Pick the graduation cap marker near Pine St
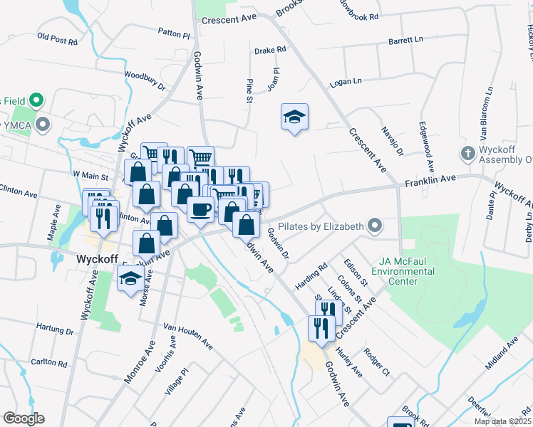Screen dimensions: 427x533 [x=294, y=117]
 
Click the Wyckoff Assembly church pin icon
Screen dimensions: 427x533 [x=467, y=153]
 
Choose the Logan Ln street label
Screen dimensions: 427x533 [x=346, y=84]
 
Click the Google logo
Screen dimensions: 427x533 [x=24, y=418]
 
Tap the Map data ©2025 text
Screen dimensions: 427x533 [x=502, y=421]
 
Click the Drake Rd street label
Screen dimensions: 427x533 [x=270, y=50]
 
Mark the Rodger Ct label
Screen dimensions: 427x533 [x=377, y=362]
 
